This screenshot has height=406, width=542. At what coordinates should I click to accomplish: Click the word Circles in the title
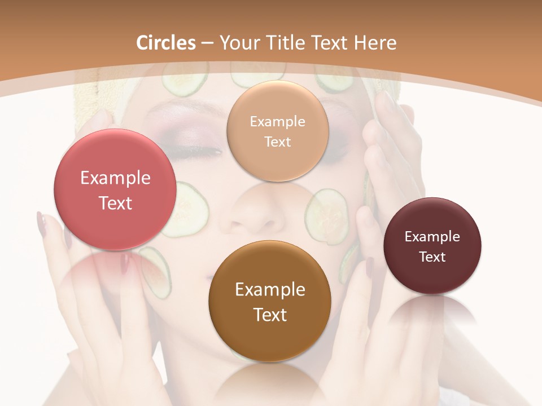[166, 43]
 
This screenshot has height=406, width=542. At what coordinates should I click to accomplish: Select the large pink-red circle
[115, 189]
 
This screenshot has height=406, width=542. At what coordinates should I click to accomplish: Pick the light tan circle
[277, 131]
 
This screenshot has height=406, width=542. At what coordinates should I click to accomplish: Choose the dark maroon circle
[432, 246]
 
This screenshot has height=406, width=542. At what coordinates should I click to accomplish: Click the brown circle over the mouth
[270, 301]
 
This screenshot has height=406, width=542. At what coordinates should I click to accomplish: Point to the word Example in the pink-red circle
[115, 178]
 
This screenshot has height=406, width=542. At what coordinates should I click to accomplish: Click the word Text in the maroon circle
[432, 257]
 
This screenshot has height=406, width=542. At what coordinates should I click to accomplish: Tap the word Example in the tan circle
[277, 121]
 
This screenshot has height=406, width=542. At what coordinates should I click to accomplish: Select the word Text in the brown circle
[270, 315]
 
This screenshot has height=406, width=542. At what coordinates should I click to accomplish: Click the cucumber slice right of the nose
[326, 216]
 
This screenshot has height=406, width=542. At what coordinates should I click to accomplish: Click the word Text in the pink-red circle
[115, 203]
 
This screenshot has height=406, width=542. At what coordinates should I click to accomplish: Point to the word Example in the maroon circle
[432, 237]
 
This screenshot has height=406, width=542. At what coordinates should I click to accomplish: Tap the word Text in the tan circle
[277, 142]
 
